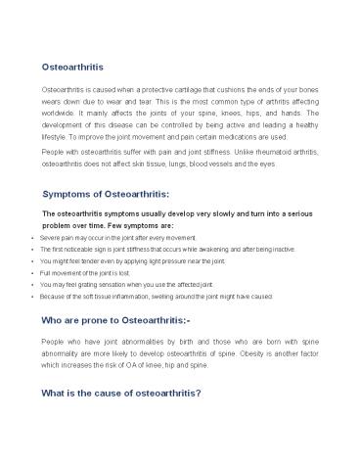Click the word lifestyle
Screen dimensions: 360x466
click(x=56, y=140)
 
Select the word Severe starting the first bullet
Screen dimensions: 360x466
click(x=50, y=238)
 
